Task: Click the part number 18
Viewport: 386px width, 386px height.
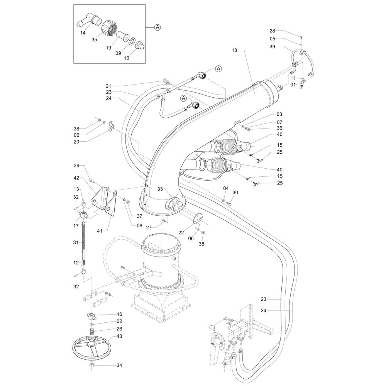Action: click(x=235, y=50)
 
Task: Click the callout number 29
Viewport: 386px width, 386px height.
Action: click(x=76, y=165)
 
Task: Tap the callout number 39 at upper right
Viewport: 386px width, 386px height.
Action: click(x=273, y=47)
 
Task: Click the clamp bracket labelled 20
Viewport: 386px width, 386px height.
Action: click(x=111, y=126)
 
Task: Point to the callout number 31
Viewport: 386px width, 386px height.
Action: click(x=76, y=242)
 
